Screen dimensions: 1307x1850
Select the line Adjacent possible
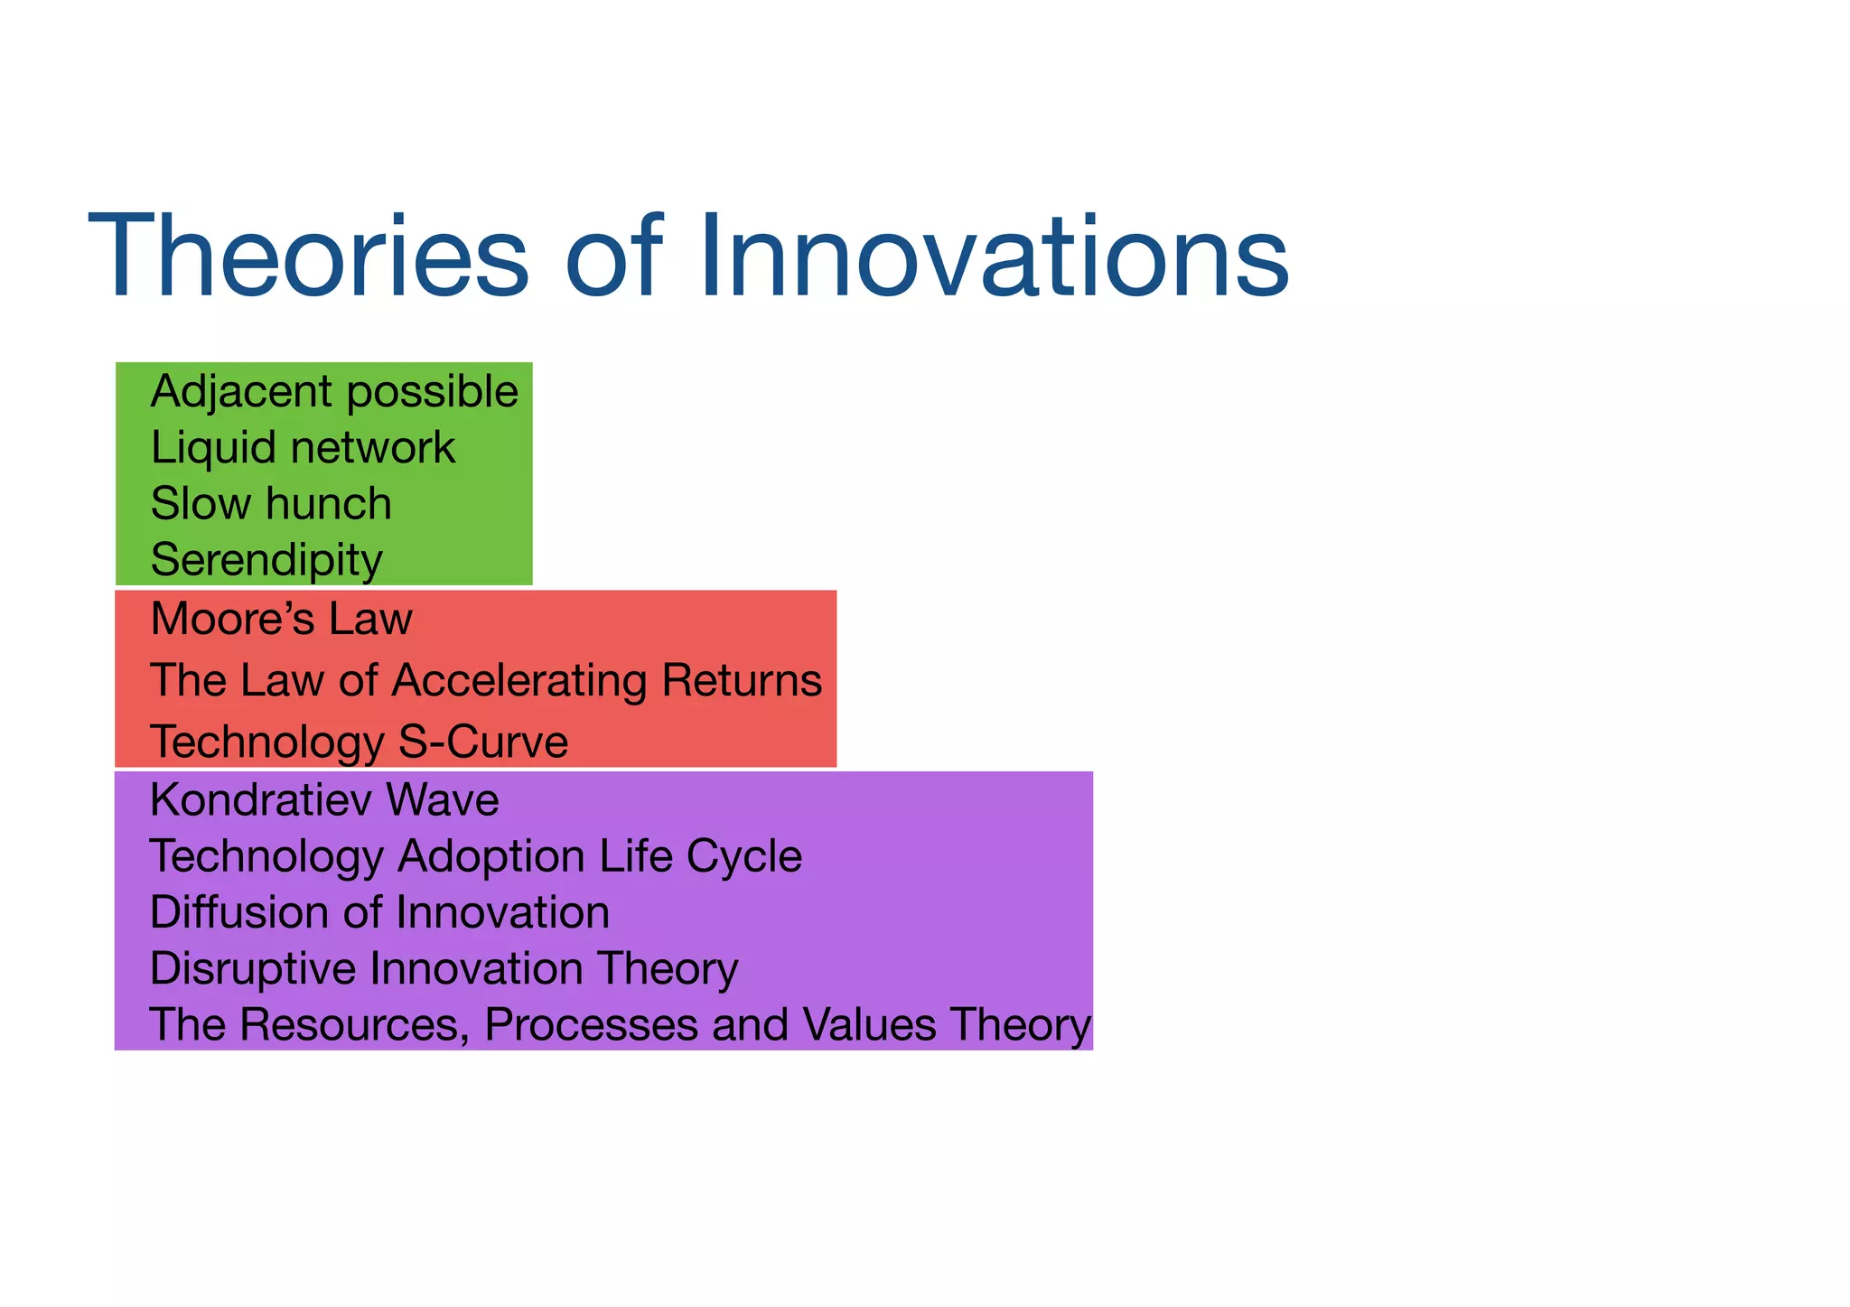pos(334,392)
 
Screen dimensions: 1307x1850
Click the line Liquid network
pos(303,448)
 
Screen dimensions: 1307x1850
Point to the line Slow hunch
pos(271,504)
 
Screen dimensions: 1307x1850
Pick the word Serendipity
pos(266,560)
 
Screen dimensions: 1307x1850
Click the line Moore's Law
pos(281,620)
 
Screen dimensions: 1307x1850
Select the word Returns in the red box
pos(741,680)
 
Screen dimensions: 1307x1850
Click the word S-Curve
pos(482,742)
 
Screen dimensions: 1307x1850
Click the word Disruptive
pos(253,968)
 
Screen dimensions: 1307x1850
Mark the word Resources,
pos(353,1025)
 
